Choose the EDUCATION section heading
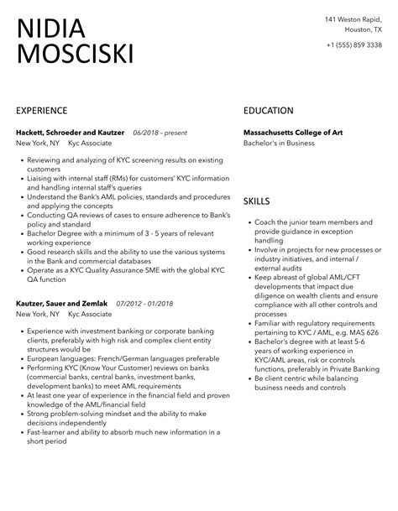[269, 111]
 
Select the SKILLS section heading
[258, 201]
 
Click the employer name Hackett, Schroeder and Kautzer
[71, 133]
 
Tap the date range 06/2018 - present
[160, 133]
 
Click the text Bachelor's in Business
[279, 143]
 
